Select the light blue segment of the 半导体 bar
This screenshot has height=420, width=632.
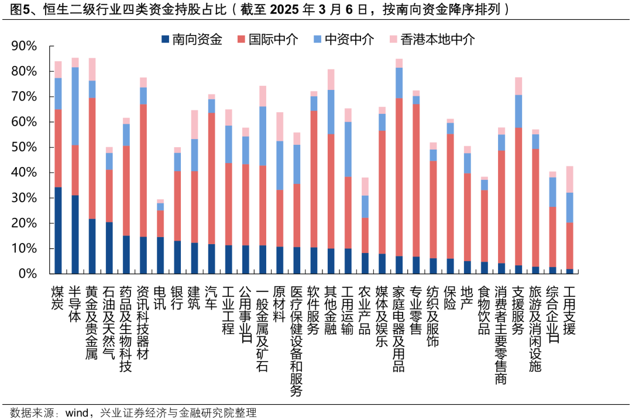point(75,106)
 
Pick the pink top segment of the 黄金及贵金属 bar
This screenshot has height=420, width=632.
point(92,69)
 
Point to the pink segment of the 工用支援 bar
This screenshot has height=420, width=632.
point(569,179)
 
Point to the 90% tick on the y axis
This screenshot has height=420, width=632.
point(24,46)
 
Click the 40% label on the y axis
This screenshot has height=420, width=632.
point(24,173)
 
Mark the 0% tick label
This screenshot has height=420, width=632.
point(28,274)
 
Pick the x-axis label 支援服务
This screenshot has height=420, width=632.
point(518,310)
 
